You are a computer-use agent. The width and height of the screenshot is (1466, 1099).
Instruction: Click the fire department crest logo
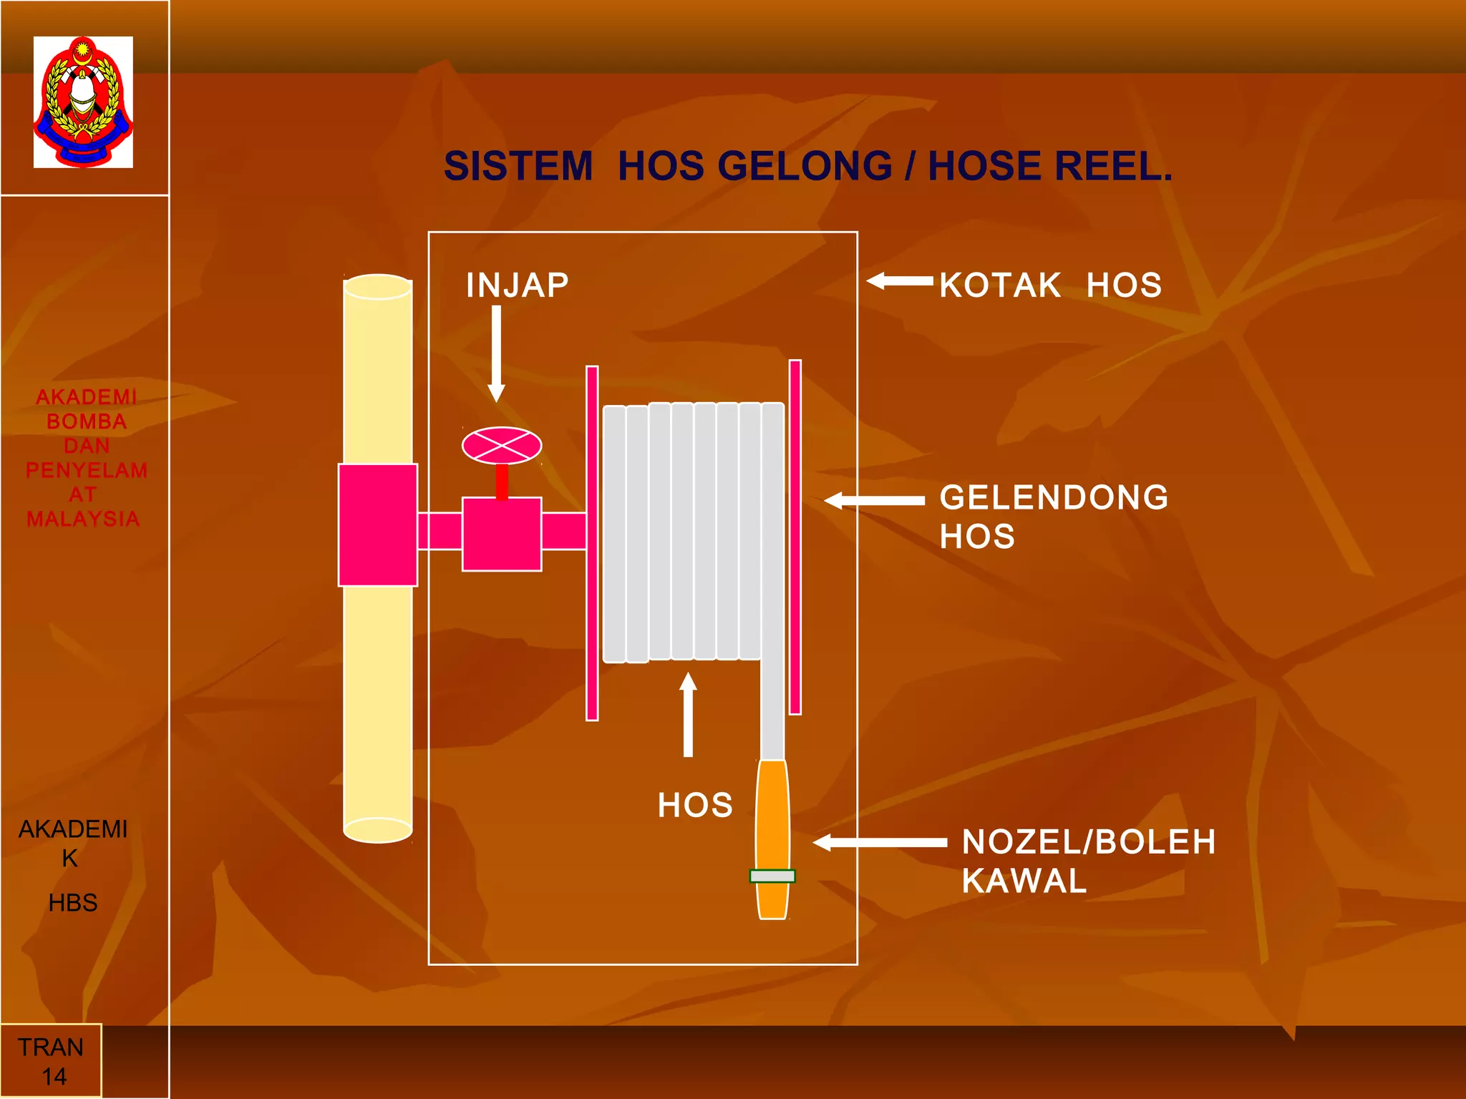(83, 102)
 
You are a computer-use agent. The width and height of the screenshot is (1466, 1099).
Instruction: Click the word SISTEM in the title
(518, 166)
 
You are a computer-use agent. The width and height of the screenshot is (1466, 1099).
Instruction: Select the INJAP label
(518, 285)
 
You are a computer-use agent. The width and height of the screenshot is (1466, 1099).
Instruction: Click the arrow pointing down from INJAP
(496, 354)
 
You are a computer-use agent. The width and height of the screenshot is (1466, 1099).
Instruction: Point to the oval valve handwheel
(502, 446)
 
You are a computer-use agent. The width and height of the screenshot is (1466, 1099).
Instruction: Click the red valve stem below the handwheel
(502, 482)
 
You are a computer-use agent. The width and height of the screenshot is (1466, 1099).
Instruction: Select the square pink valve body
(502, 534)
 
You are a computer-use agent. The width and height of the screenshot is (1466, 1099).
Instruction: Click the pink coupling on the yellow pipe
(378, 525)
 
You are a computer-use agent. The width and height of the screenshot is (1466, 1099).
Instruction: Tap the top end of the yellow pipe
(378, 286)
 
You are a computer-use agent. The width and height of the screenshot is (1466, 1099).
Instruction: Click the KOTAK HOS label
(1051, 285)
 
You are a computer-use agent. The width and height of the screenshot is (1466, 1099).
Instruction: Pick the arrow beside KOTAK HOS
(900, 281)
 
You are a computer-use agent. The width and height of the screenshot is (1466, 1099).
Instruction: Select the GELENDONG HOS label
(1054, 517)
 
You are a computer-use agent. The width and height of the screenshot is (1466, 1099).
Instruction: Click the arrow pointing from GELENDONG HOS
(874, 501)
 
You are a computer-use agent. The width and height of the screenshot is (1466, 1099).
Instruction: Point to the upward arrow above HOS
(688, 714)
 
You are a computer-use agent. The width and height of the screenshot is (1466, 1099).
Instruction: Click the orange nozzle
(773, 839)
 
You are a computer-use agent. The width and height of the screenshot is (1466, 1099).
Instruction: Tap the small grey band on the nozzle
(772, 876)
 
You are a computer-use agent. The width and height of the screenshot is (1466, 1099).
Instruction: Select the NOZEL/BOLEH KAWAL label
(1089, 861)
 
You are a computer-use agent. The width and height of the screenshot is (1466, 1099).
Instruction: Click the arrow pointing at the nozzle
(880, 842)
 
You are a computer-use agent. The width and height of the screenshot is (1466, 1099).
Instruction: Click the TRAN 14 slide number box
(51, 1061)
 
